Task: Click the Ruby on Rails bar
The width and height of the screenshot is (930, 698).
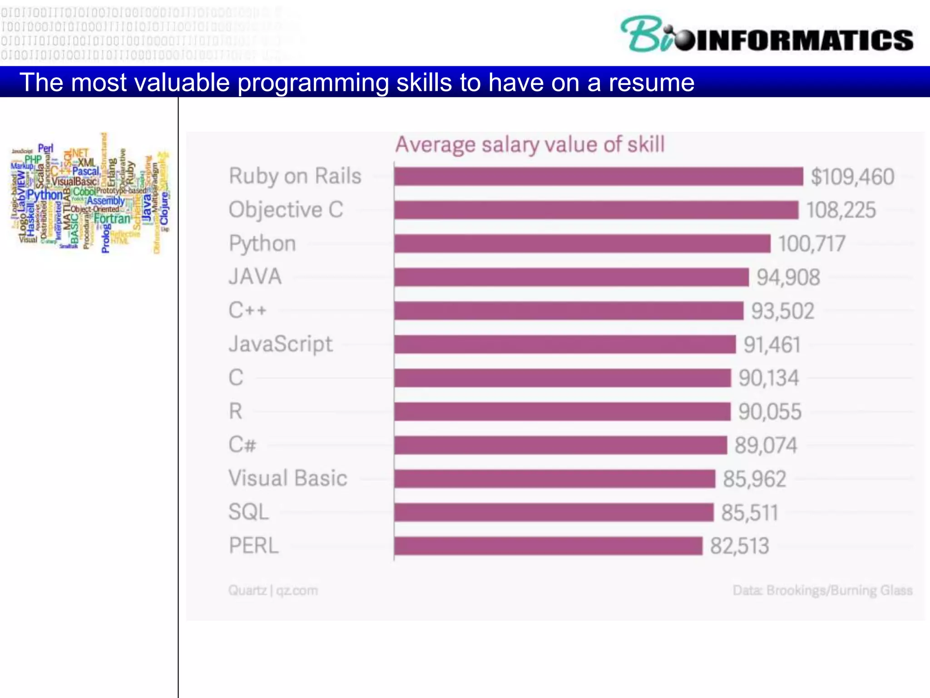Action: point(598,176)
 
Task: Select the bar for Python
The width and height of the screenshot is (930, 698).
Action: point(582,244)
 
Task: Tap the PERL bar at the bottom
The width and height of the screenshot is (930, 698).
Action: point(548,546)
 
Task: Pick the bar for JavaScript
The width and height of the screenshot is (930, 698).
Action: point(564,344)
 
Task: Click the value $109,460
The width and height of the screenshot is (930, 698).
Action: point(852,177)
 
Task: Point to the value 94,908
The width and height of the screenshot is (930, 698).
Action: point(788,277)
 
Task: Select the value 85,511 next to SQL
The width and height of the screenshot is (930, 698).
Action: point(750,513)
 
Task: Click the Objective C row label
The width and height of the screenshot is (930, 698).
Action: point(286,210)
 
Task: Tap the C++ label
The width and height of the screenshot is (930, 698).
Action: point(247,311)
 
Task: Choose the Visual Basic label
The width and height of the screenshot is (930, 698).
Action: point(288,478)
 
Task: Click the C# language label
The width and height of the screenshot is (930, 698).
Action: point(242,444)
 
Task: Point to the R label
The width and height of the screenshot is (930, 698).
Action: point(236,411)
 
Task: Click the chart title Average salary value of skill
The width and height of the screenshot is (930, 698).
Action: point(529,145)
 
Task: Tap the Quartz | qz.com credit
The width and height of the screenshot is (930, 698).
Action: point(273,590)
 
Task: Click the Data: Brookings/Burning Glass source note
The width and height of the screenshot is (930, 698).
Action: point(822,590)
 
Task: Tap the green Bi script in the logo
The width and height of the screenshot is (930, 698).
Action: point(645,34)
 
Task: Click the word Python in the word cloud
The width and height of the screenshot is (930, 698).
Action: point(45,194)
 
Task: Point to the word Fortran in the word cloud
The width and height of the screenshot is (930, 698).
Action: point(112,219)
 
